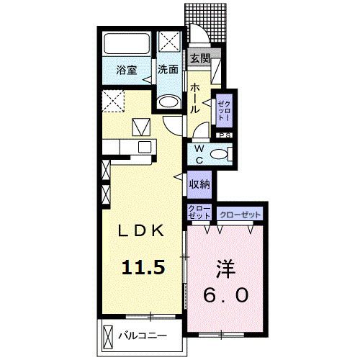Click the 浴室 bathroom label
click(127, 70)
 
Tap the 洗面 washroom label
click(168, 70)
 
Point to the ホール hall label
click(194, 97)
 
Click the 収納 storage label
click(199, 184)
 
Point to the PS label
click(225, 134)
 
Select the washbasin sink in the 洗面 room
click(168, 102)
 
